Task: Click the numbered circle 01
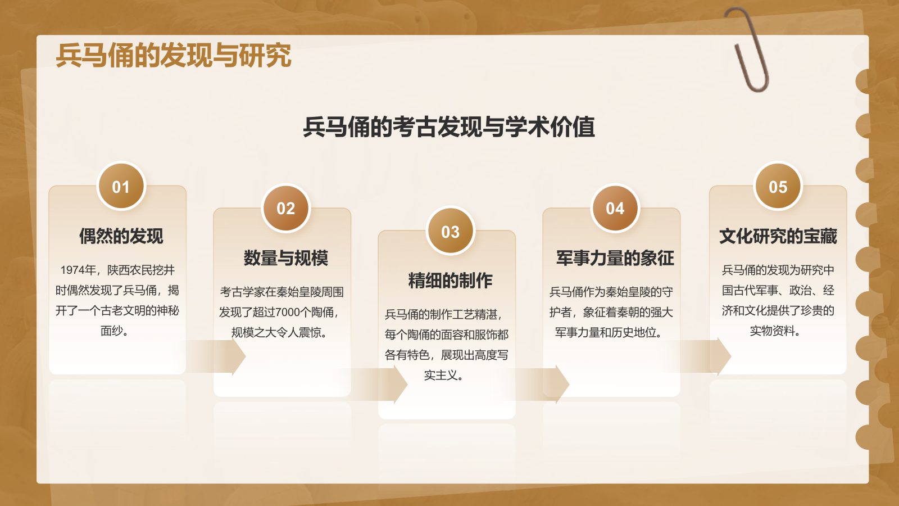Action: [121, 186]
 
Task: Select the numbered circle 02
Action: [286, 208]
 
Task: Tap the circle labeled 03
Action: [451, 231]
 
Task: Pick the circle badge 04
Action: [615, 208]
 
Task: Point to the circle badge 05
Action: [778, 186]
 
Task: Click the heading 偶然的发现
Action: [121, 236]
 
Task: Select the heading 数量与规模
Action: [286, 258]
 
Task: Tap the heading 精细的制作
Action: [451, 281]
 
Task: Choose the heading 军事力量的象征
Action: [615, 258]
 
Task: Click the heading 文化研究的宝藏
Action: [778, 236]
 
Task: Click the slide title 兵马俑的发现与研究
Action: [174, 55]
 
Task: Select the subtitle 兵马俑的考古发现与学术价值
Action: [449, 126]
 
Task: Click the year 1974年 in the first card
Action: [78, 270]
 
